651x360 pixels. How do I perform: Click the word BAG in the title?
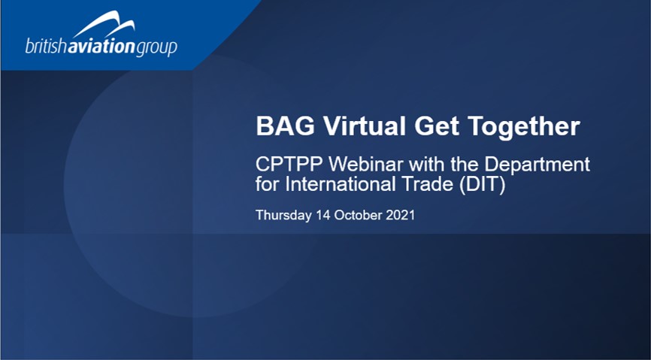pos(285,126)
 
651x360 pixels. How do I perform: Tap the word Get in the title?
pos(437,126)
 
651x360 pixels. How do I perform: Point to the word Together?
pos(523,126)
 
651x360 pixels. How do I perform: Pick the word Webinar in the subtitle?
pos(366,165)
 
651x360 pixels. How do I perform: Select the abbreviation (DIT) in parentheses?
pos(483,185)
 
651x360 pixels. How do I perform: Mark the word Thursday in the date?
pos(283,216)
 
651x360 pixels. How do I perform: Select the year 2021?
pos(400,215)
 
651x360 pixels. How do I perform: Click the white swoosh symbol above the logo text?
pos(104,24)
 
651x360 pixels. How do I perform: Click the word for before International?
pos(268,184)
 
